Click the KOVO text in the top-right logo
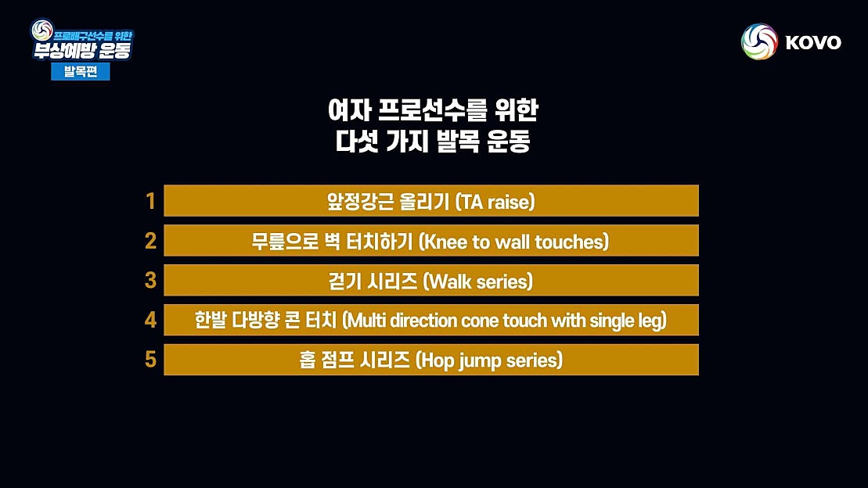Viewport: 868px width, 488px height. coord(813,42)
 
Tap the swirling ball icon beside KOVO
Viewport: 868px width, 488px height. coord(759,41)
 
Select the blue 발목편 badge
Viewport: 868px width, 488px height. coord(81,71)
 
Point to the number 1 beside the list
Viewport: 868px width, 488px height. coord(151,202)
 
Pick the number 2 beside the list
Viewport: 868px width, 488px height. coord(151,241)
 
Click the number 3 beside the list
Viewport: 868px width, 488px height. coord(151,281)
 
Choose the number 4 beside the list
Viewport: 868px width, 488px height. coord(151,320)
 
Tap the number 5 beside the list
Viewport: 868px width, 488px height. coord(151,360)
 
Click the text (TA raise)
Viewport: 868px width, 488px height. coord(495,202)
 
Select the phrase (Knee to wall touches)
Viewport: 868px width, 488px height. coord(513,242)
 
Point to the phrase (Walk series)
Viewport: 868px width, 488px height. coord(477,282)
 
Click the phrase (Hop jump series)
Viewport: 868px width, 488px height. coord(488,361)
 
